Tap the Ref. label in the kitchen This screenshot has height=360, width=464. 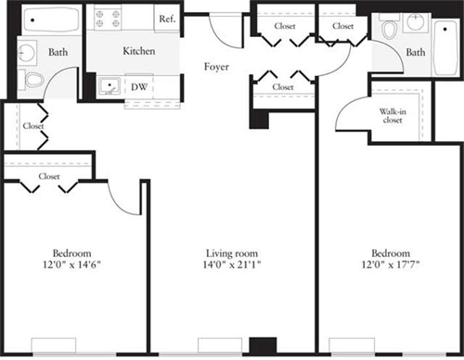[x=167, y=19]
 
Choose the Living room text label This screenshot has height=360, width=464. [x=232, y=253]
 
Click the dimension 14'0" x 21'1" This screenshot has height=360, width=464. [x=232, y=266]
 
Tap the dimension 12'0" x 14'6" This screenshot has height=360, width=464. [x=71, y=266]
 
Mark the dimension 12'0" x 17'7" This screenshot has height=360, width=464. [x=391, y=266]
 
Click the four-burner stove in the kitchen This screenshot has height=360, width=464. [x=107, y=19]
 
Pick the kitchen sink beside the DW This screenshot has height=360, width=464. [x=110, y=87]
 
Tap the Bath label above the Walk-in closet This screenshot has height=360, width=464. [x=416, y=53]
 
